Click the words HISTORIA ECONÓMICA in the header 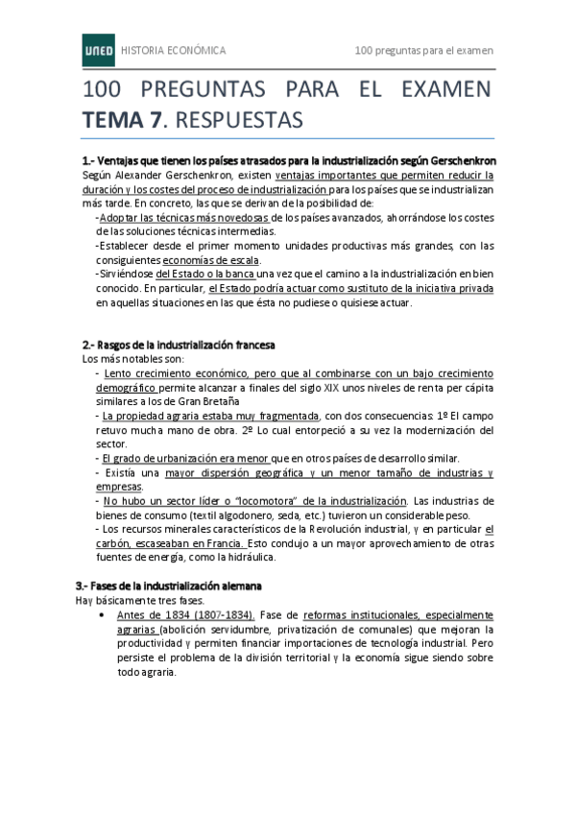coord(174,49)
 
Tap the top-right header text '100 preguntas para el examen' coord(423,49)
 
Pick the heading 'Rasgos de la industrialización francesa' coord(184,344)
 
